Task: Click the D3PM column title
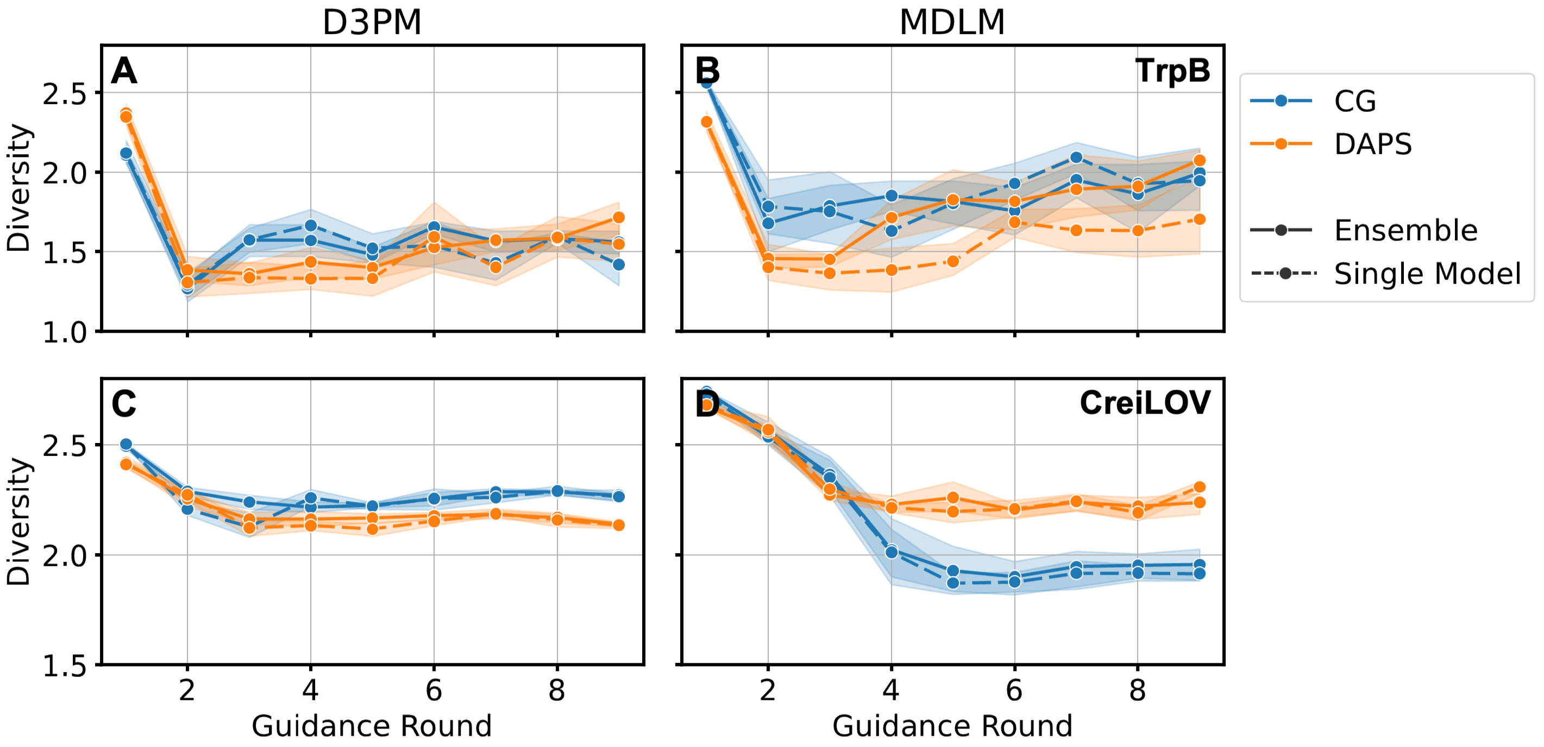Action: (x=372, y=23)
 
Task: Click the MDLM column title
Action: (x=952, y=23)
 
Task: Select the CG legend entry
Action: (x=1354, y=100)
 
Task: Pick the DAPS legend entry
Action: (x=1372, y=144)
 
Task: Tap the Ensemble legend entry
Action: (x=1405, y=230)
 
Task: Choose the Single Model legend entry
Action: (x=1427, y=274)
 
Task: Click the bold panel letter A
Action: (x=124, y=71)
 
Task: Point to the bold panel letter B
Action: (x=707, y=71)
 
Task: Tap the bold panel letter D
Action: (x=707, y=405)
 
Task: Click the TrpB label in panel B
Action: (x=1172, y=71)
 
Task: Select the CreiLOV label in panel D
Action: (x=1145, y=403)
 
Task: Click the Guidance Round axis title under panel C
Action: (x=372, y=725)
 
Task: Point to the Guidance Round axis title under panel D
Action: (x=952, y=725)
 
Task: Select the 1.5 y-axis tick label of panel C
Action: (x=64, y=666)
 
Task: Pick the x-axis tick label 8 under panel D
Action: (x=1137, y=691)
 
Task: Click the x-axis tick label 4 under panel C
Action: (x=310, y=691)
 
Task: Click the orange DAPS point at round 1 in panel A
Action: (x=126, y=115)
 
